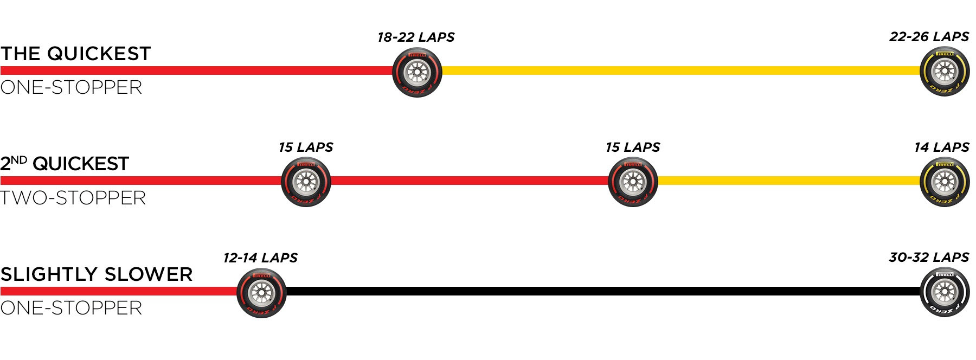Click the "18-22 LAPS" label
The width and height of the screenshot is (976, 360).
(x=416, y=37)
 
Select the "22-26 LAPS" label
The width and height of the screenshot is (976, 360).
(x=929, y=37)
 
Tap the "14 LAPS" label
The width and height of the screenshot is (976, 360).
(x=942, y=147)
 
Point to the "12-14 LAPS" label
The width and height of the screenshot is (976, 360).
(x=260, y=258)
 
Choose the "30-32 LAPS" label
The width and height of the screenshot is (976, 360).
(x=929, y=258)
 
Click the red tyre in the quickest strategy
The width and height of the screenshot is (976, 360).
(x=417, y=73)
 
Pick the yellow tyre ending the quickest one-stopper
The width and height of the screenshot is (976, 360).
(x=945, y=72)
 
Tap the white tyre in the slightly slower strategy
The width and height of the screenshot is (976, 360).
(x=945, y=292)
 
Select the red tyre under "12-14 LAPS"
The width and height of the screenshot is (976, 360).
(x=261, y=293)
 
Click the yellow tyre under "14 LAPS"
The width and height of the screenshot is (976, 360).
(x=945, y=182)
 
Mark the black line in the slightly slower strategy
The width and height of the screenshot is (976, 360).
(x=603, y=291)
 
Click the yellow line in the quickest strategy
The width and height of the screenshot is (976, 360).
(x=681, y=70)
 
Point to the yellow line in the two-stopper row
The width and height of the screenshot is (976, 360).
(x=788, y=181)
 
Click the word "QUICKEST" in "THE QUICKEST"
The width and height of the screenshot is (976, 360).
(x=99, y=54)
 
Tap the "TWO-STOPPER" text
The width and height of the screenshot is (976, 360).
(x=73, y=198)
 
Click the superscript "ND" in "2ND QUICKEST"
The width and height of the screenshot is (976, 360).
(x=19, y=160)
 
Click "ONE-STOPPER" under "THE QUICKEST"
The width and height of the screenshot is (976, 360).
(x=71, y=87)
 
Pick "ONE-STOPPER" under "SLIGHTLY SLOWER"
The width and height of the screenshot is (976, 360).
(x=71, y=308)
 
